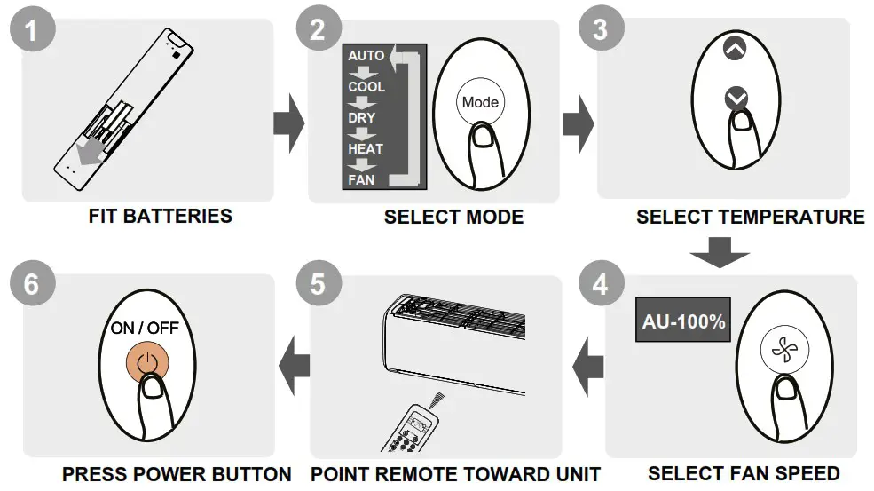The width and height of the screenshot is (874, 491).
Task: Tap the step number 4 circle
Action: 601,285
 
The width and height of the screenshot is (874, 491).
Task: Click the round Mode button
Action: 479,102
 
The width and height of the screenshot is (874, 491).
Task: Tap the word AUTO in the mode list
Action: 366,56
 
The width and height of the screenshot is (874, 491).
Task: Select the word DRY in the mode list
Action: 362,117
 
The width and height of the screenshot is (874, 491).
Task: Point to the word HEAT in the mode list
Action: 365,149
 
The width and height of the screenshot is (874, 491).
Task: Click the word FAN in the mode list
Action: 361,179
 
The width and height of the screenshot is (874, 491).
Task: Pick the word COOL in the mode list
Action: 366,87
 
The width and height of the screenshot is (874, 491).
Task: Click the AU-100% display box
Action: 683,321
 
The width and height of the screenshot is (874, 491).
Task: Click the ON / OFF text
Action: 145,329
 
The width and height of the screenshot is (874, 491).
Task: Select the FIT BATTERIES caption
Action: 161,216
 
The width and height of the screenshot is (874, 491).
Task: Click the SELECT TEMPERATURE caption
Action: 750,217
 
